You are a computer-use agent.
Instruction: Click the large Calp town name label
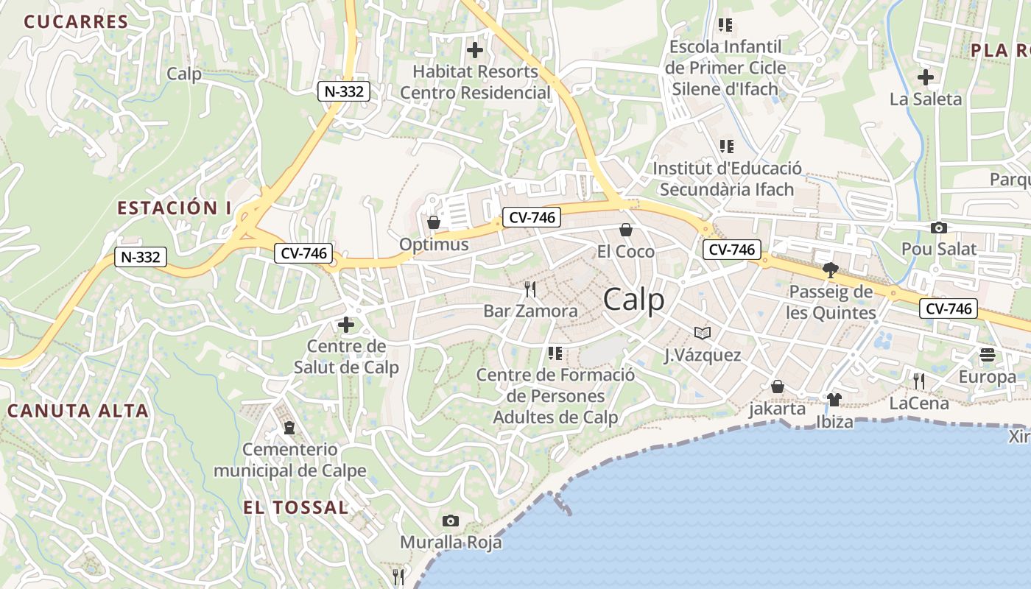tap(633, 300)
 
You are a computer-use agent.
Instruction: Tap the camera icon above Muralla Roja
tap(451, 521)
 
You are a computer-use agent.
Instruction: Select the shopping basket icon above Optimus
tap(434, 222)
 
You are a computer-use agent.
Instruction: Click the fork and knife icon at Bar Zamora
tap(530, 289)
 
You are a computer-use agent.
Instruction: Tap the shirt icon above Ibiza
tap(834, 400)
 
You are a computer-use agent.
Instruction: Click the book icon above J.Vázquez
tap(703, 334)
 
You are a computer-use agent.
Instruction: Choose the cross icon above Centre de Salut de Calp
tap(345, 324)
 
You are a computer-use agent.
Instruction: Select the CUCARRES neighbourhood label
tap(77, 21)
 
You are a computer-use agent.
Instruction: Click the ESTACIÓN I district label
tap(174, 208)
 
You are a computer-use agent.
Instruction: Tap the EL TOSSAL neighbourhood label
tap(296, 507)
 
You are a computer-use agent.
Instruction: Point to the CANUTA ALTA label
tap(78, 411)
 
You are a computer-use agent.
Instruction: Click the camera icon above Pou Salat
tap(938, 228)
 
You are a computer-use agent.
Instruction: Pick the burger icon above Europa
tap(987, 355)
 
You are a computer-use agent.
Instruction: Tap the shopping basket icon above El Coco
tap(626, 230)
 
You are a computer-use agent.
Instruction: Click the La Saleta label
tap(926, 99)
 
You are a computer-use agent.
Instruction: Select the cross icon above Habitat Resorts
tap(475, 50)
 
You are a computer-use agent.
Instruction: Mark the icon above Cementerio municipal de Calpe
tap(289, 427)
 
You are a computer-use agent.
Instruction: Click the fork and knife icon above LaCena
tap(919, 381)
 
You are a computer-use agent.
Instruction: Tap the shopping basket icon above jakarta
tap(777, 387)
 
